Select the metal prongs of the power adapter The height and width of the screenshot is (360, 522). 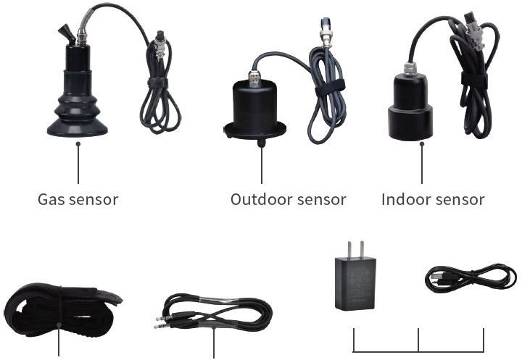pos(355,250)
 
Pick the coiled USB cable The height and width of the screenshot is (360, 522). pos(471,278)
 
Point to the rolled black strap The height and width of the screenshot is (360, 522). pos(62,310)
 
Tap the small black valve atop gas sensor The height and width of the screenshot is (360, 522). pos(67,34)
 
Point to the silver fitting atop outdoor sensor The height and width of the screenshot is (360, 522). pos(254,78)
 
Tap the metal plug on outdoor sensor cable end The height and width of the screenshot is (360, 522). pos(326,33)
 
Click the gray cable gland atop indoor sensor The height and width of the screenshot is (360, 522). pos(410,69)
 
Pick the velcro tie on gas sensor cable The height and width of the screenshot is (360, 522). pos(158,83)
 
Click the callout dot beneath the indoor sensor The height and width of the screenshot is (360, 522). pos(422,144)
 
